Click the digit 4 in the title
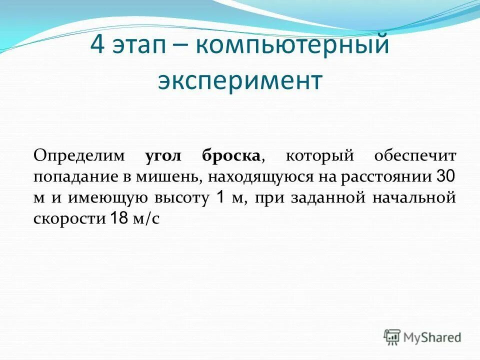pos(97,46)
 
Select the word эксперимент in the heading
pos(239,81)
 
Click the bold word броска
pos(231,156)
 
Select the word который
pos(319,156)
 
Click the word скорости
pos(69,219)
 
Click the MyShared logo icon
pos(392,337)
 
